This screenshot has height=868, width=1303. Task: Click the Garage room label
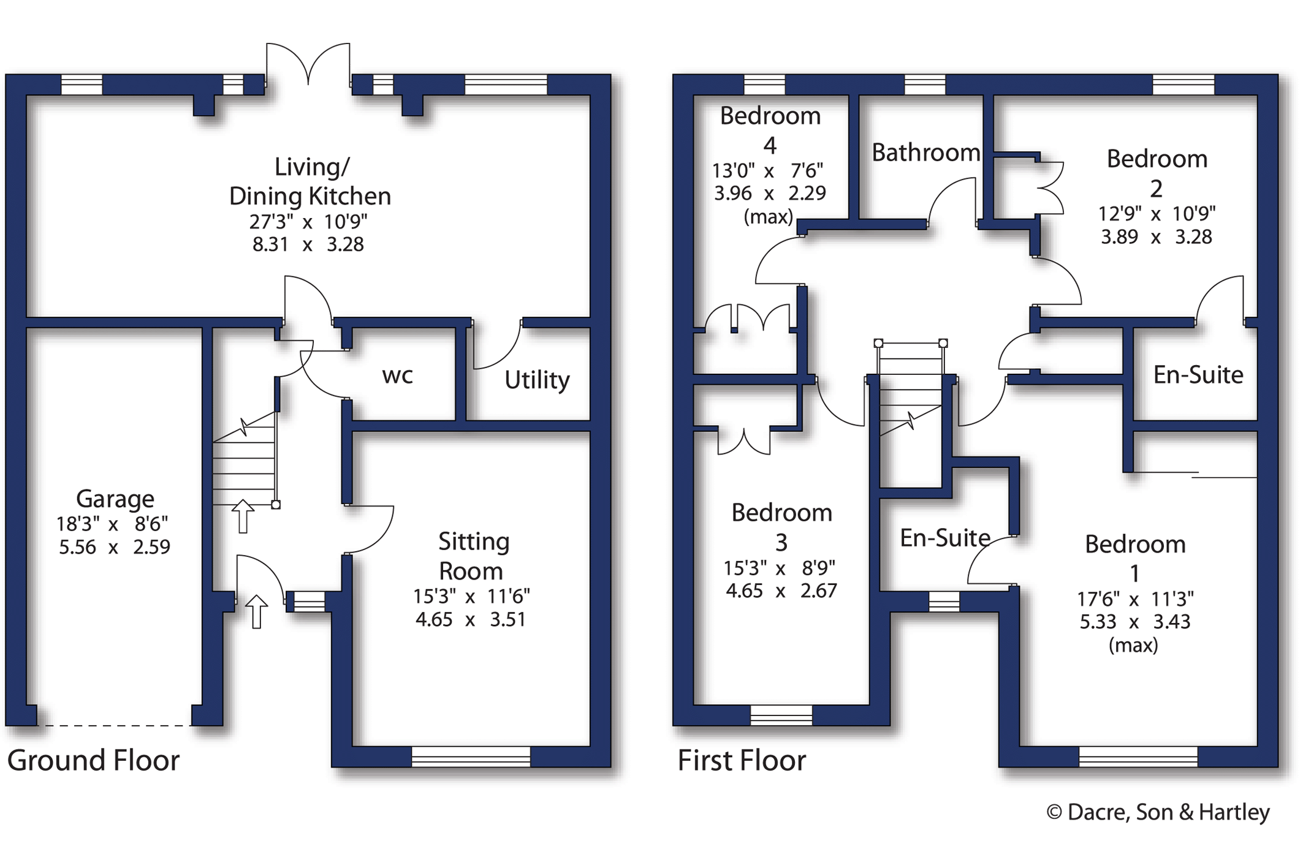(115, 499)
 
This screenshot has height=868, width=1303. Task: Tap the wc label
(398, 376)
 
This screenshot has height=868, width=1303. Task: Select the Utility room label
(537, 380)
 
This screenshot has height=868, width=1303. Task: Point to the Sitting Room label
(473, 556)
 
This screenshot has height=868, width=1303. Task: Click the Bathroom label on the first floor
(925, 153)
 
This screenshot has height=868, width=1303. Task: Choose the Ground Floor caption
(93, 760)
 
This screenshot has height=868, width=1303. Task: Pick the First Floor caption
(742, 760)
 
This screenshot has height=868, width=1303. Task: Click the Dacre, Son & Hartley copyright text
(1158, 812)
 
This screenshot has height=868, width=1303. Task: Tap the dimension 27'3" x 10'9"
(308, 221)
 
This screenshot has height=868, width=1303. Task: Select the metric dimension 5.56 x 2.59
(115, 546)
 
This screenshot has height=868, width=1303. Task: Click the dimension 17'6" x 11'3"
(1135, 598)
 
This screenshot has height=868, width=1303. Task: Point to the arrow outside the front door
(256, 611)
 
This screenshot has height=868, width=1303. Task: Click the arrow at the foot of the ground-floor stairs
(243, 516)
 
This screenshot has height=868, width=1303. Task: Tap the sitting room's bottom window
(471, 757)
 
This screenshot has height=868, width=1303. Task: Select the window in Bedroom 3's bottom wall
(781, 715)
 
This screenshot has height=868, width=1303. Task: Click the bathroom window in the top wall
(925, 85)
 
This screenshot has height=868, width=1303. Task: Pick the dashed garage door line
(114, 725)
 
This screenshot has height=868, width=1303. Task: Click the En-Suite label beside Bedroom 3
(945, 538)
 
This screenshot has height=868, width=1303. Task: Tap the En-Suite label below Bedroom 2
(1198, 374)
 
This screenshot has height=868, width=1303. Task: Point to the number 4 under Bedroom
(770, 145)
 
